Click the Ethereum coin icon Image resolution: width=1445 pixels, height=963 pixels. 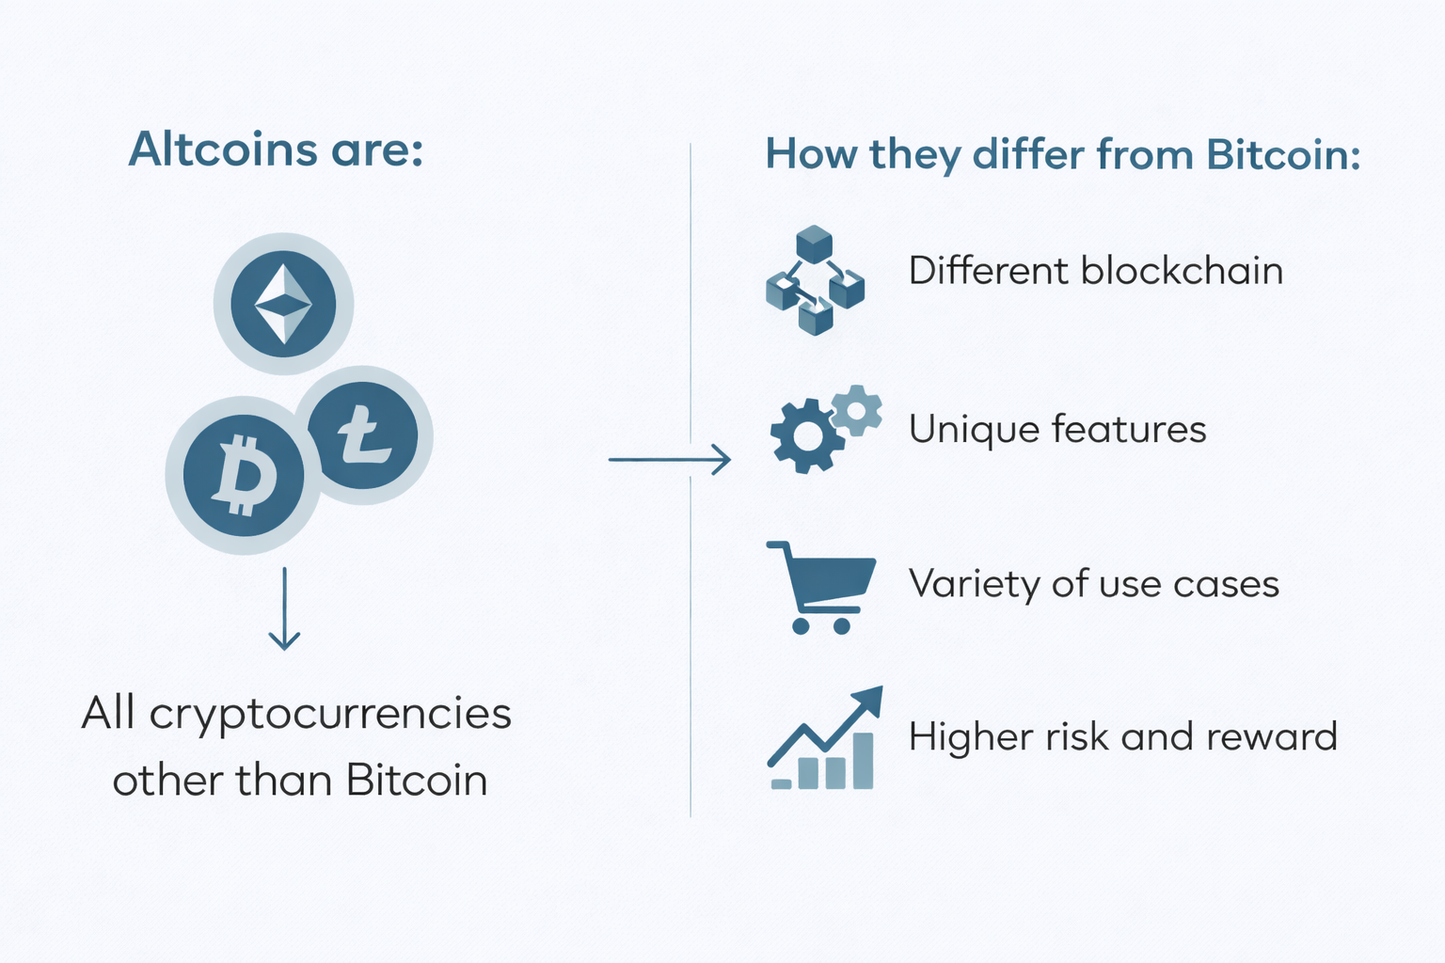(283, 303)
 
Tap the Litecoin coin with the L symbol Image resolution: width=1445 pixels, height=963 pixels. (363, 435)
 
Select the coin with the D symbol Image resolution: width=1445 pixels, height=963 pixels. (244, 475)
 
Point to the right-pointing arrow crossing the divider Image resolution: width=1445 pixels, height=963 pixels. (669, 459)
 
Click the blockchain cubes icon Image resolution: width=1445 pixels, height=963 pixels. (815, 279)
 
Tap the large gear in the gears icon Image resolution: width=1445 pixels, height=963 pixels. (806, 434)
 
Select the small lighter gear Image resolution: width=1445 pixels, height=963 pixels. (857, 409)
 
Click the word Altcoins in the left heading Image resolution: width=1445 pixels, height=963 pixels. (223, 150)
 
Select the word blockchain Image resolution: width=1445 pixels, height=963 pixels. (1182, 271)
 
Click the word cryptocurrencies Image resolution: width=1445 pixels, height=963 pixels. (330, 714)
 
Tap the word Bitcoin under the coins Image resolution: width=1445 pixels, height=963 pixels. (417, 781)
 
